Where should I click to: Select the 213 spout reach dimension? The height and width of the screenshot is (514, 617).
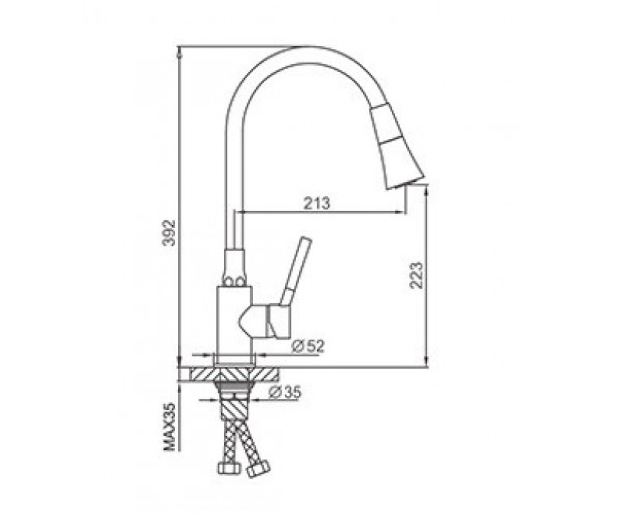point(317,204)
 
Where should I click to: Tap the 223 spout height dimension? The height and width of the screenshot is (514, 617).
point(416,276)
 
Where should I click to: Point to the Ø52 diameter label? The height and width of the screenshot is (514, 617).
point(307,346)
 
